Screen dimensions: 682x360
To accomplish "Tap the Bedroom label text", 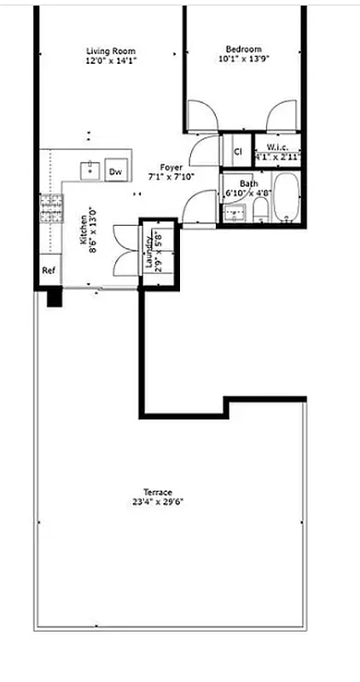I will tap(243, 49).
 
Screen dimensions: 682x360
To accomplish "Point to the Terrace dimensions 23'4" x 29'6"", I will tap(153, 502).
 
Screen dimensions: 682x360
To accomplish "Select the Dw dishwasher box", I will tap(115, 170).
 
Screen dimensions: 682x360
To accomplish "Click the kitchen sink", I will tap(90, 170).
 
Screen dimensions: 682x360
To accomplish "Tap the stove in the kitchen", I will tap(51, 209).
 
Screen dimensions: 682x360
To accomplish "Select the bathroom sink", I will tap(233, 214).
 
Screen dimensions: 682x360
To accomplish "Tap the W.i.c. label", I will tap(278, 147).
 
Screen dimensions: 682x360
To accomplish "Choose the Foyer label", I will tap(171, 167).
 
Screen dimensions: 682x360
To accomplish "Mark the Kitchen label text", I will tap(84, 229).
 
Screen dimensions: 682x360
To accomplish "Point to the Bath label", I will tap(248, 183).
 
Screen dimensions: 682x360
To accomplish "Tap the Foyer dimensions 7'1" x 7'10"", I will tap(171, 177).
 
